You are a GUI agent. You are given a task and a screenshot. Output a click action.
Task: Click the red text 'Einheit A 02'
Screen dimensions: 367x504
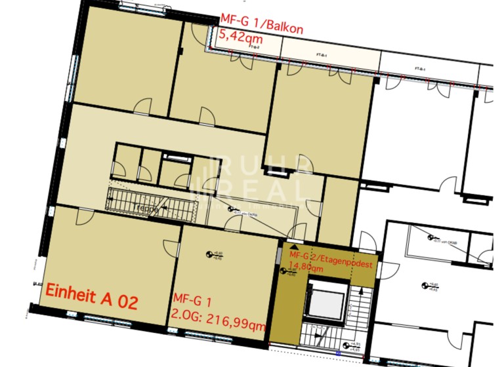[x=91, y=302]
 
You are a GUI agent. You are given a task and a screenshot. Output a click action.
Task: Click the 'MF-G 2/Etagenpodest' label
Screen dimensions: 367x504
[x=331, y=256]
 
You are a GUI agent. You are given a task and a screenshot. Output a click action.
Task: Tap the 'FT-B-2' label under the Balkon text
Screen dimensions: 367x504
[x=255, y=47]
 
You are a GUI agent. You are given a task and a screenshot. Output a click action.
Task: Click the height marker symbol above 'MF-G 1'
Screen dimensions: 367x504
[x=209, y=254]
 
